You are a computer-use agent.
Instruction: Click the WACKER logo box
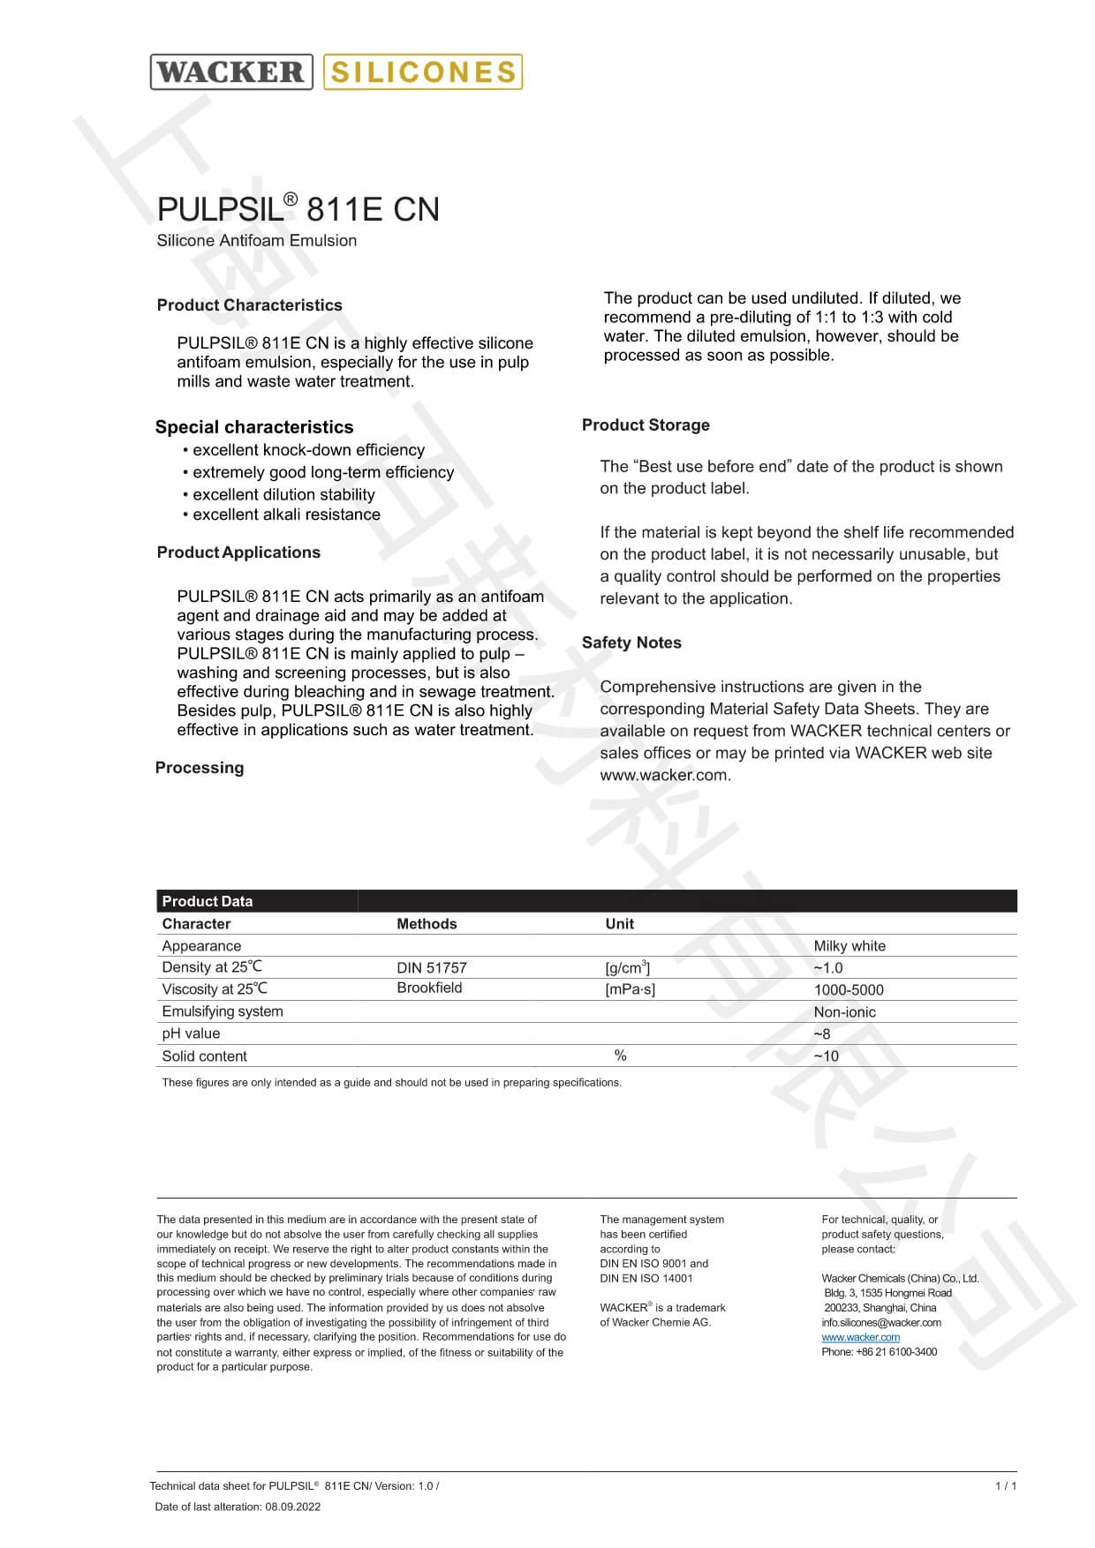click(231, 71)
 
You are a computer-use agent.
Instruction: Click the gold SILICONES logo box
click(423, 71)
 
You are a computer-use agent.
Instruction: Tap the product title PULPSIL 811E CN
click(298, 209)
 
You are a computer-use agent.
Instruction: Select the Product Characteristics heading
click(249, 305)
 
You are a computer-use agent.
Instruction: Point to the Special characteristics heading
click(254, 427)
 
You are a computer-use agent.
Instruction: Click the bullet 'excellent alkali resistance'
click(286, 515)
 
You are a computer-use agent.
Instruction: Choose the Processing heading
click(200, 768)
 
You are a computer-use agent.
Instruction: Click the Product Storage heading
click(646, 425)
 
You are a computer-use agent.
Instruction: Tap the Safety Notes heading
click(631, 642)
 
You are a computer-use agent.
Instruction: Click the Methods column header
click(427, 924)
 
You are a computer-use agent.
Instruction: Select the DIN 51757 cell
click(432, 968)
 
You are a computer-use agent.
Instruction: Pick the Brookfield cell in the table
click(429, 988)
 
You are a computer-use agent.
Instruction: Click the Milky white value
click(850, 946)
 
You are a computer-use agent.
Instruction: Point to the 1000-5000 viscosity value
click(849, 990)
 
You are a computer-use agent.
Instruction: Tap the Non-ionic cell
click(844, 1012)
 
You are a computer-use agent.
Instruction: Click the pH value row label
click(191, 1033)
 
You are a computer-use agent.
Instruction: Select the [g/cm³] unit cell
click(628, 968)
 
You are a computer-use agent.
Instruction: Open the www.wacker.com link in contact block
click(860, 1337)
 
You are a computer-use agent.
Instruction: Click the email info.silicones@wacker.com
click(880, 1322)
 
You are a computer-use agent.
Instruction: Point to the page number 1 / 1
click(1006, 1486)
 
